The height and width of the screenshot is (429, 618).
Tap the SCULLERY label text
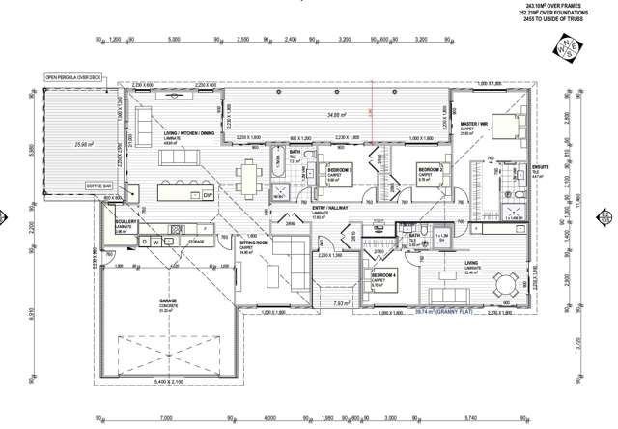pos(126,222)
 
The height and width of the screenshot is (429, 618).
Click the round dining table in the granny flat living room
pos(507,284)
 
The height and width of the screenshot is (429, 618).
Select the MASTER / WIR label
pos(473,124)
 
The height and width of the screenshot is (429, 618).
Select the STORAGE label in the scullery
pos(196,241)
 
